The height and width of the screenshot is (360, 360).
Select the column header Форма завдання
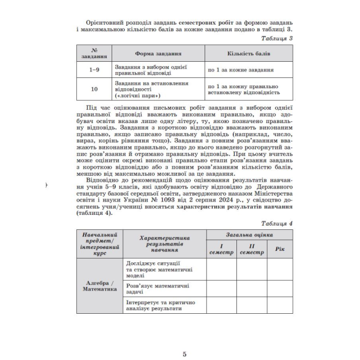(x=157, y=54)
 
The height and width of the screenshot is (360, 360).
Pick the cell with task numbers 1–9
(x=93, y=70)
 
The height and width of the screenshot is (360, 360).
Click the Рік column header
(x=280, y=249)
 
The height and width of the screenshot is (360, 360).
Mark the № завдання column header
(x=93, y=54)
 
